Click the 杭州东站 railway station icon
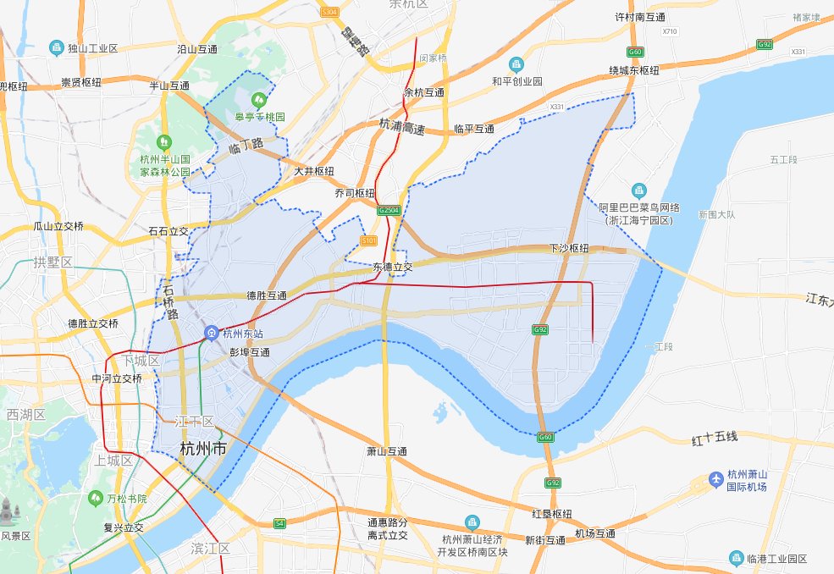pyautogui.click(x=210, y=333)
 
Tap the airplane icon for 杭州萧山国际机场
pyautogui.click(x=717, y=480)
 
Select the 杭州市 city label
pyautogui.click(x=203, y=449)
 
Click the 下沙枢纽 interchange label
pyautogui.click(x=569, y=249)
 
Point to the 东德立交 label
pyautogui.click(x=392, y=267)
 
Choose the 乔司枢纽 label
pyautogui.click(x=355, y=193)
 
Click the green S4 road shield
pyautogui.click(x=279, y=524)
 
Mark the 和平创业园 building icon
pyautogui.click(x=516, y=64)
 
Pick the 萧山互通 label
pyautogui.click(x=387, y=451)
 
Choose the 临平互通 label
pyautogui.click(x=474, y=130)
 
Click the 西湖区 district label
pyautogui.click(x=24, y=415)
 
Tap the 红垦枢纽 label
pyautogui.click(x=551, y=514)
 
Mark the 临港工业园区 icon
pyautogui.click(x=736, y=558)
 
